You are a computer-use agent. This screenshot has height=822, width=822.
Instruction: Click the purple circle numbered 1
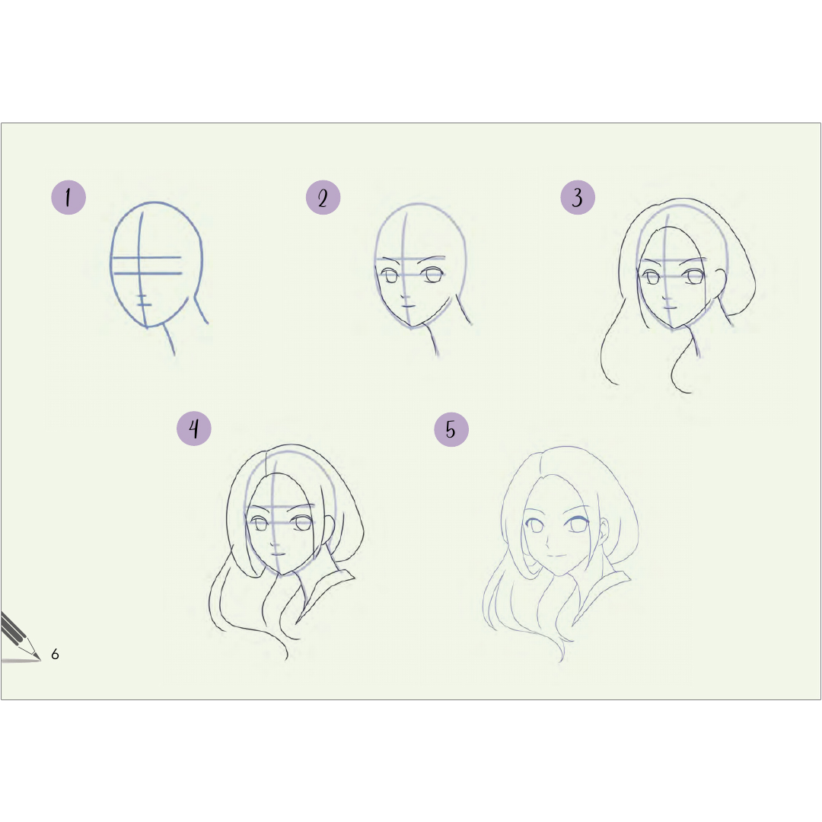pyautogui.click(x=68, y=197)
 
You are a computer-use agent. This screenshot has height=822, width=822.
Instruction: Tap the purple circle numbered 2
pyautogui.click(x=323, y=197)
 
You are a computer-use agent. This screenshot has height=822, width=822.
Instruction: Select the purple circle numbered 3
pyautogui.click(x=578, y=197)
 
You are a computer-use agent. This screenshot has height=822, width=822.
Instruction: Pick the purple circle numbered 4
pyautogui.click(x=194, y=429)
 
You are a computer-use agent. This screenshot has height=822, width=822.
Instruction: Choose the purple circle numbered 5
pyautogui.click(x=451, y=429)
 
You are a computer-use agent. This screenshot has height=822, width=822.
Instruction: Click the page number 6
pyautogui.click(x=55, y=654)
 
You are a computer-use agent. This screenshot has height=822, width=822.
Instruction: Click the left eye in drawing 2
pyautogui.click(x=390, y=276)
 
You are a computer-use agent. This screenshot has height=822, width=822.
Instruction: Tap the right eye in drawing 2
pyautogui.click(x=434, y=274)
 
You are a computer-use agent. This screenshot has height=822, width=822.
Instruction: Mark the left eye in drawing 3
pyautogui.click(x=652, y=277)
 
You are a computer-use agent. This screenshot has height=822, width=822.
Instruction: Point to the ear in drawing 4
pyautogui.click(x=329, y=530)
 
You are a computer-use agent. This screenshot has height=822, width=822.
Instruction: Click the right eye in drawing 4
pyautogui.click(x=302, y=523)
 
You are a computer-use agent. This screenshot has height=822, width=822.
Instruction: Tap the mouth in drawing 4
pyautogui.click(x=277, y=553)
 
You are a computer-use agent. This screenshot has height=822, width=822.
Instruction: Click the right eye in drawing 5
pyautogui.click(x=577, y=524)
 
